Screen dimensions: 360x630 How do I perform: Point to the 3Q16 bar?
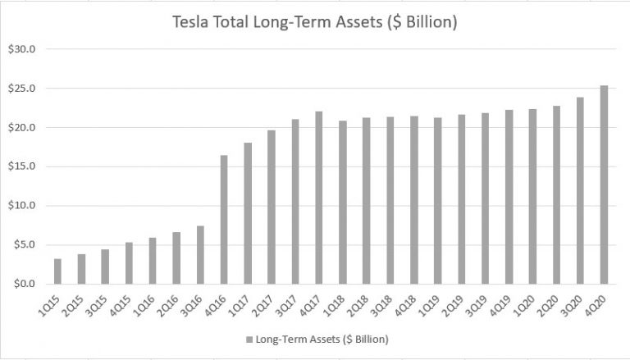[200, 255]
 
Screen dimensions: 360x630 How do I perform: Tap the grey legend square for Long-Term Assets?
[247, 338]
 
